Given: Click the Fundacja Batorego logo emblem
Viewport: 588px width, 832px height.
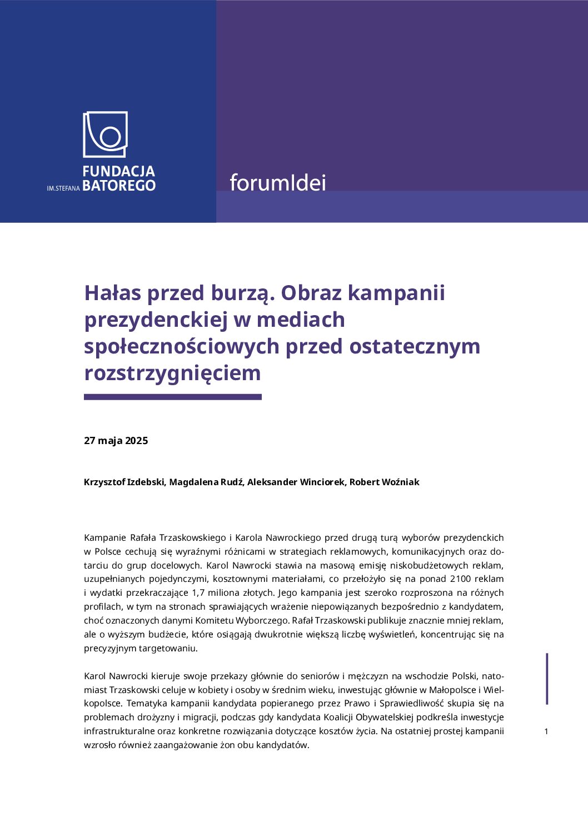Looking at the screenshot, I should click(105, 134).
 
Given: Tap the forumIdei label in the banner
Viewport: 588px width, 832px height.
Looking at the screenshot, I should click(277, 182).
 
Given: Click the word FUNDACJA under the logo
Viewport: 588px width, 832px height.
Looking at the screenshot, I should click(118, 171).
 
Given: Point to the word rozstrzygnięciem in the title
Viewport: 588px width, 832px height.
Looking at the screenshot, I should click(172, 373).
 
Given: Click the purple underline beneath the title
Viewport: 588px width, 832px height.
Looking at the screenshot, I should click(172, 397).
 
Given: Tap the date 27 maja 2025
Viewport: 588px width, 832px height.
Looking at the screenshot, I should click(116, 441).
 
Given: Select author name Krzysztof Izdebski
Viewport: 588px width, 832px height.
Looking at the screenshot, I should click(124, 482).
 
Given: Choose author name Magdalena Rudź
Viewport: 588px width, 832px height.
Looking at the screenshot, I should click(206, 482).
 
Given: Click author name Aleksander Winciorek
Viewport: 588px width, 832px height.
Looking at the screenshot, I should click(296, 482).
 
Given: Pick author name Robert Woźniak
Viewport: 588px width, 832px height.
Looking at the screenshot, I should click(384, 482).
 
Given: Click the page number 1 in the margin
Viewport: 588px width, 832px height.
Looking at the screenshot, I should click(546, 731).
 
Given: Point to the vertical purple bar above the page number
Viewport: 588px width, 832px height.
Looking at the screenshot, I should click(547, 679).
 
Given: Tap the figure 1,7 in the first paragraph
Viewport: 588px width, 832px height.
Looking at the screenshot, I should click(198, 593).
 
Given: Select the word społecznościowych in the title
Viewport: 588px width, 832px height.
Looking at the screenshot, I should click(181, 346).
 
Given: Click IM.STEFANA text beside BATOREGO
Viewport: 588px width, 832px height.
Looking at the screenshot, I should click(63, 188).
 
